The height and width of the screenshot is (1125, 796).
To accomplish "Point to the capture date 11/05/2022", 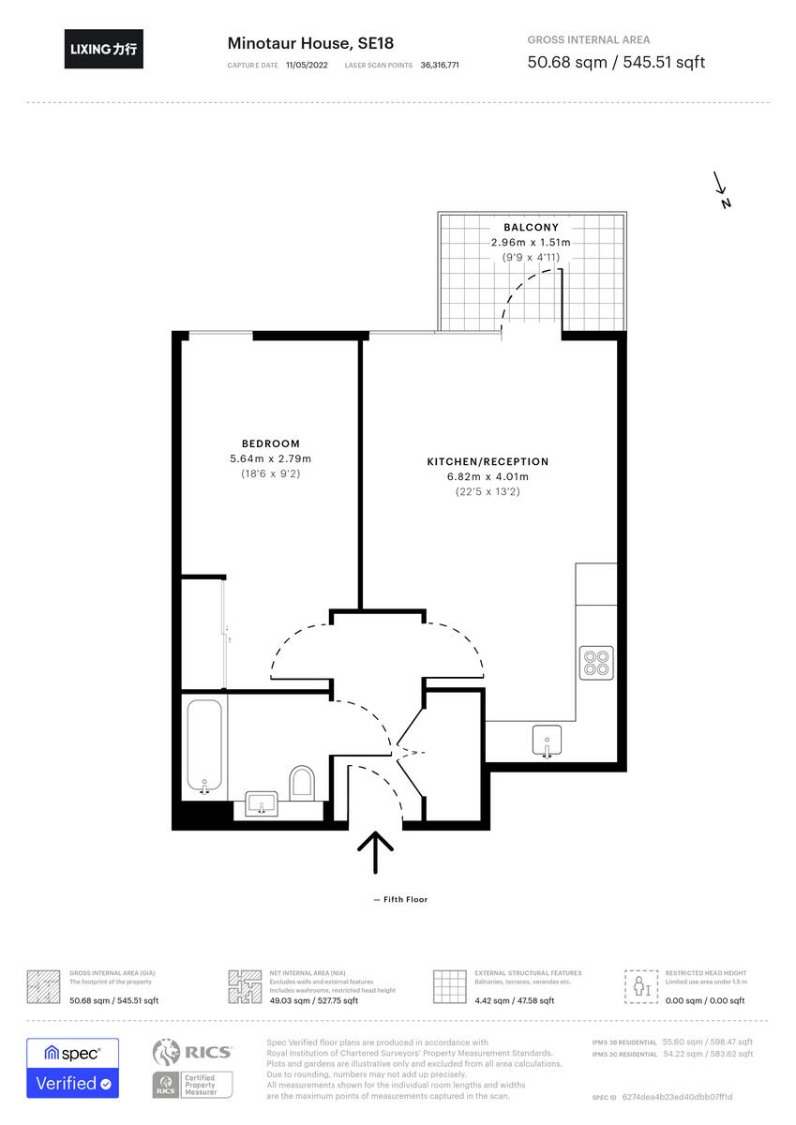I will [307, 66].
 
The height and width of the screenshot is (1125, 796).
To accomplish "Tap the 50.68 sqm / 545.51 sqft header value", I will [616, 63].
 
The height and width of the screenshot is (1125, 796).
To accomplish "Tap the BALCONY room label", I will [531, 228].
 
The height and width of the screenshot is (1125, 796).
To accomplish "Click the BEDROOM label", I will [270, 443].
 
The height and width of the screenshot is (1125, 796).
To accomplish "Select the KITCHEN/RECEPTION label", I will [488, 461].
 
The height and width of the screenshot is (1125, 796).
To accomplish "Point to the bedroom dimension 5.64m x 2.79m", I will [270, 458].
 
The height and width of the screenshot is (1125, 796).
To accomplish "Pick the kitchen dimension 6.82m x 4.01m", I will [488, 476].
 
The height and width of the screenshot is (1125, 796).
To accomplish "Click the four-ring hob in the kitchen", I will [596, 663].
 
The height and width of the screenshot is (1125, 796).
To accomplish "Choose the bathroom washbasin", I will [262, 803].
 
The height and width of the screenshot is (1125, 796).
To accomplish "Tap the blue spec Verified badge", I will [72, 1067].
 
